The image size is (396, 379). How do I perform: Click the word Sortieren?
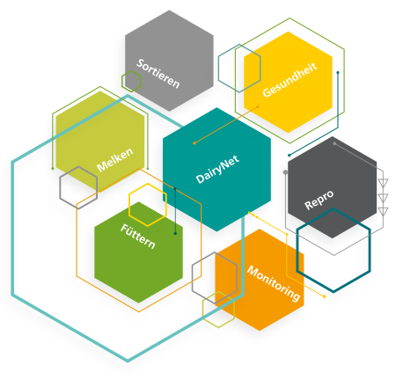coord(158,74)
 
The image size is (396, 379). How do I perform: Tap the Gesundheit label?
coord(290,80)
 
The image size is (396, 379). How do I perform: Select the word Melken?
coord(114,160)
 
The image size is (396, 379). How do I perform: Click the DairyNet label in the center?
coord(217,169)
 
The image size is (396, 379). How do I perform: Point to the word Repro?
coord(319,200)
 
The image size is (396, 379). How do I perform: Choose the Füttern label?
coord(137,237)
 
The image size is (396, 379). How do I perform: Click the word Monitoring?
coord(274,283)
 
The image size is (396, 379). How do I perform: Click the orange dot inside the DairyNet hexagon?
coord(194,143)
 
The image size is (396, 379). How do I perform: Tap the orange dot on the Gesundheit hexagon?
coord(258,106)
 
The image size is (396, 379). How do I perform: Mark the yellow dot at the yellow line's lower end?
coord(324,296)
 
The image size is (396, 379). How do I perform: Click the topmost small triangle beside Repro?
coord(383,183)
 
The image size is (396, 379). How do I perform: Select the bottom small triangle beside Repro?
coord(383,211)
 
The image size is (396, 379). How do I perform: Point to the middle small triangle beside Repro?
coord(383,197)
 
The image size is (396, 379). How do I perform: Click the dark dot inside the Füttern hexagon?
coord(175,233)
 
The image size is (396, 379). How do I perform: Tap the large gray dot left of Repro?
coord(285,172)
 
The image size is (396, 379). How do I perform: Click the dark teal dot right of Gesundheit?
coord(338,72)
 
